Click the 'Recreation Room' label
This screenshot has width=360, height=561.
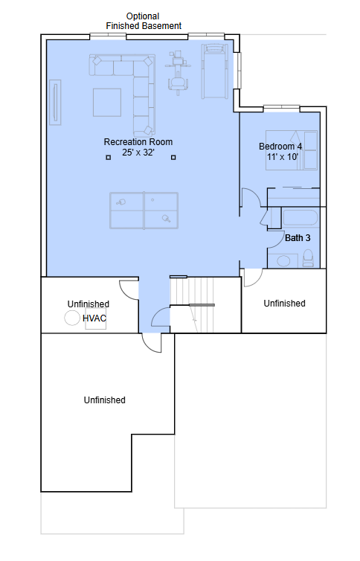138,142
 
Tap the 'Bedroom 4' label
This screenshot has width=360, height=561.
280,147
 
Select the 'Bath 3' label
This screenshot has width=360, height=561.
298,238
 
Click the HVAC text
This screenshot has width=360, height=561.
94,318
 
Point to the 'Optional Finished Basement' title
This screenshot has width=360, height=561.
144,21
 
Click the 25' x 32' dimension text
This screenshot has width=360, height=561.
138,153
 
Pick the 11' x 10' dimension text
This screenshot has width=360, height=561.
283,157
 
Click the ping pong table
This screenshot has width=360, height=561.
144,211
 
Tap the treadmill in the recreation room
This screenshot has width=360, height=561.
214,71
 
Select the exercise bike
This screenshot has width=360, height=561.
178,73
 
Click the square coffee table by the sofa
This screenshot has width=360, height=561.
107,103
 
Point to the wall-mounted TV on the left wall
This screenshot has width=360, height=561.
55,103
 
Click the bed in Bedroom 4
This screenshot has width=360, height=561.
292,150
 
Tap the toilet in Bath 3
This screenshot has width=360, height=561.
308,258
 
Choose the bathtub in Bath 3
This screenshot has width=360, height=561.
300,218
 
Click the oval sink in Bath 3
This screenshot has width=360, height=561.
283,261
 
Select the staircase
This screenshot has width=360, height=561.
192,304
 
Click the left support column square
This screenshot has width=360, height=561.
109,158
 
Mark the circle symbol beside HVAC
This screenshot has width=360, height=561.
72,318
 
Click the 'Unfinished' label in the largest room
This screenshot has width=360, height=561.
105,400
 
